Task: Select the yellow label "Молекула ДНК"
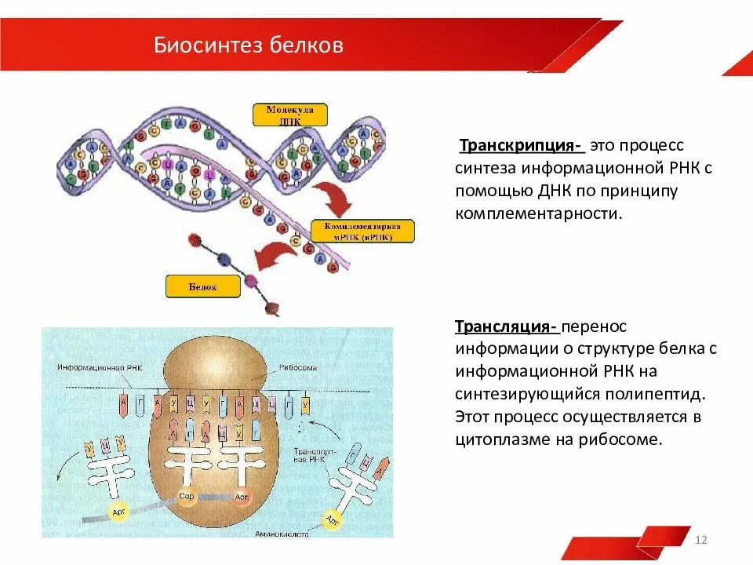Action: [289, 115]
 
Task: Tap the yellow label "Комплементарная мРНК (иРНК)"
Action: [362, 231]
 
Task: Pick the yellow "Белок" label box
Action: [202, 286]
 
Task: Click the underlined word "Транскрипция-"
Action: [520, 146]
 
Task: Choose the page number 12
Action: [701, 540]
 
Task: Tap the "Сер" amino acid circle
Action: [187, 498]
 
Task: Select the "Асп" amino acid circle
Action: [242, 498]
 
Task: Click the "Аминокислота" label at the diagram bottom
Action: [281, 533]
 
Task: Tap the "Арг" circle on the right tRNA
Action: [333, 519]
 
